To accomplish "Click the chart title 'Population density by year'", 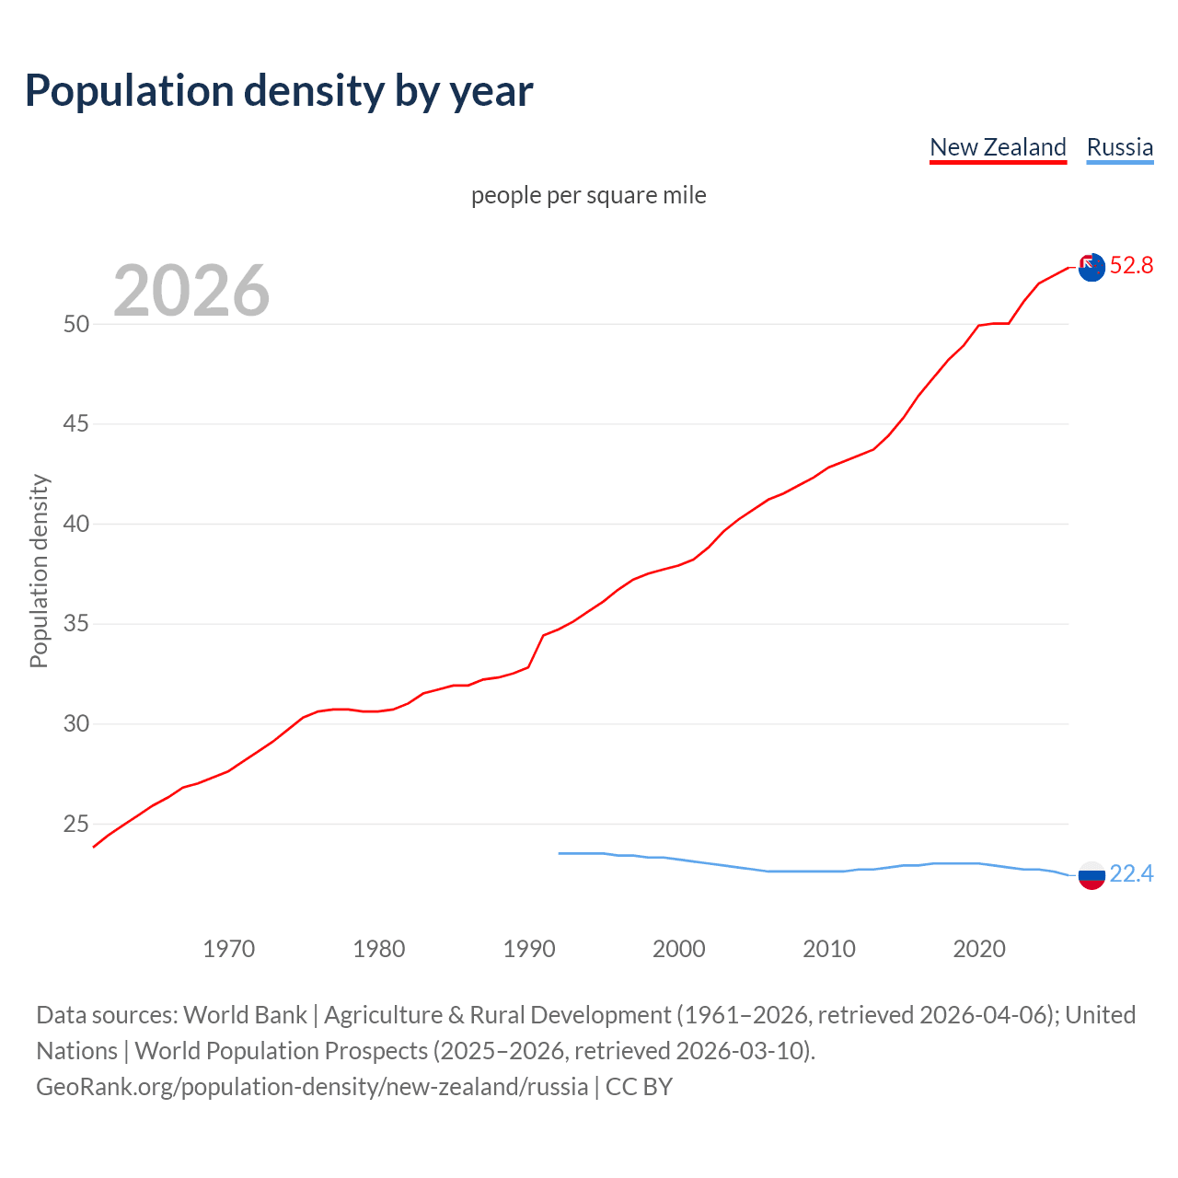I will [279, 91].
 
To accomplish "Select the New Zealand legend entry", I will [998, 147].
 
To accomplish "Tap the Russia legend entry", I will [1119, 147].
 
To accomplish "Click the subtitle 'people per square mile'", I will [588, 195].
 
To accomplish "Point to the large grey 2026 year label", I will [191, 291].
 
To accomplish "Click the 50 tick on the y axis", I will [76, 324].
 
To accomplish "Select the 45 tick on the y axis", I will [76, 424].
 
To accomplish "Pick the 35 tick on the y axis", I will [76, 624].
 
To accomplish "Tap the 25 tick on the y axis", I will [76, 824].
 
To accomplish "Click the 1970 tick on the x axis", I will [228, 949].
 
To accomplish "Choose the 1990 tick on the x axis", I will [529, 949].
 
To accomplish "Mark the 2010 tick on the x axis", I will [829, 949].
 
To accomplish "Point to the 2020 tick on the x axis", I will [979, 949].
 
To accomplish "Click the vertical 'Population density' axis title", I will [39, 571].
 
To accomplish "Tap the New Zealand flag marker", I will [1091, 267].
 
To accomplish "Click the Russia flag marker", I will [1091, 875].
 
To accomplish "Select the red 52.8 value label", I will [1131, 266].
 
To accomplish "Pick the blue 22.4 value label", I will [1131, 873].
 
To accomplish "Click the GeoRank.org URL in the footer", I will [312, 1087].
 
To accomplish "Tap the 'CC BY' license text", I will [640, 1087].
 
